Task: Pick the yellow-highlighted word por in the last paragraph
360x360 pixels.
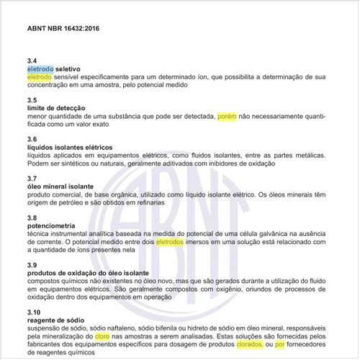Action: (280, 345)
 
